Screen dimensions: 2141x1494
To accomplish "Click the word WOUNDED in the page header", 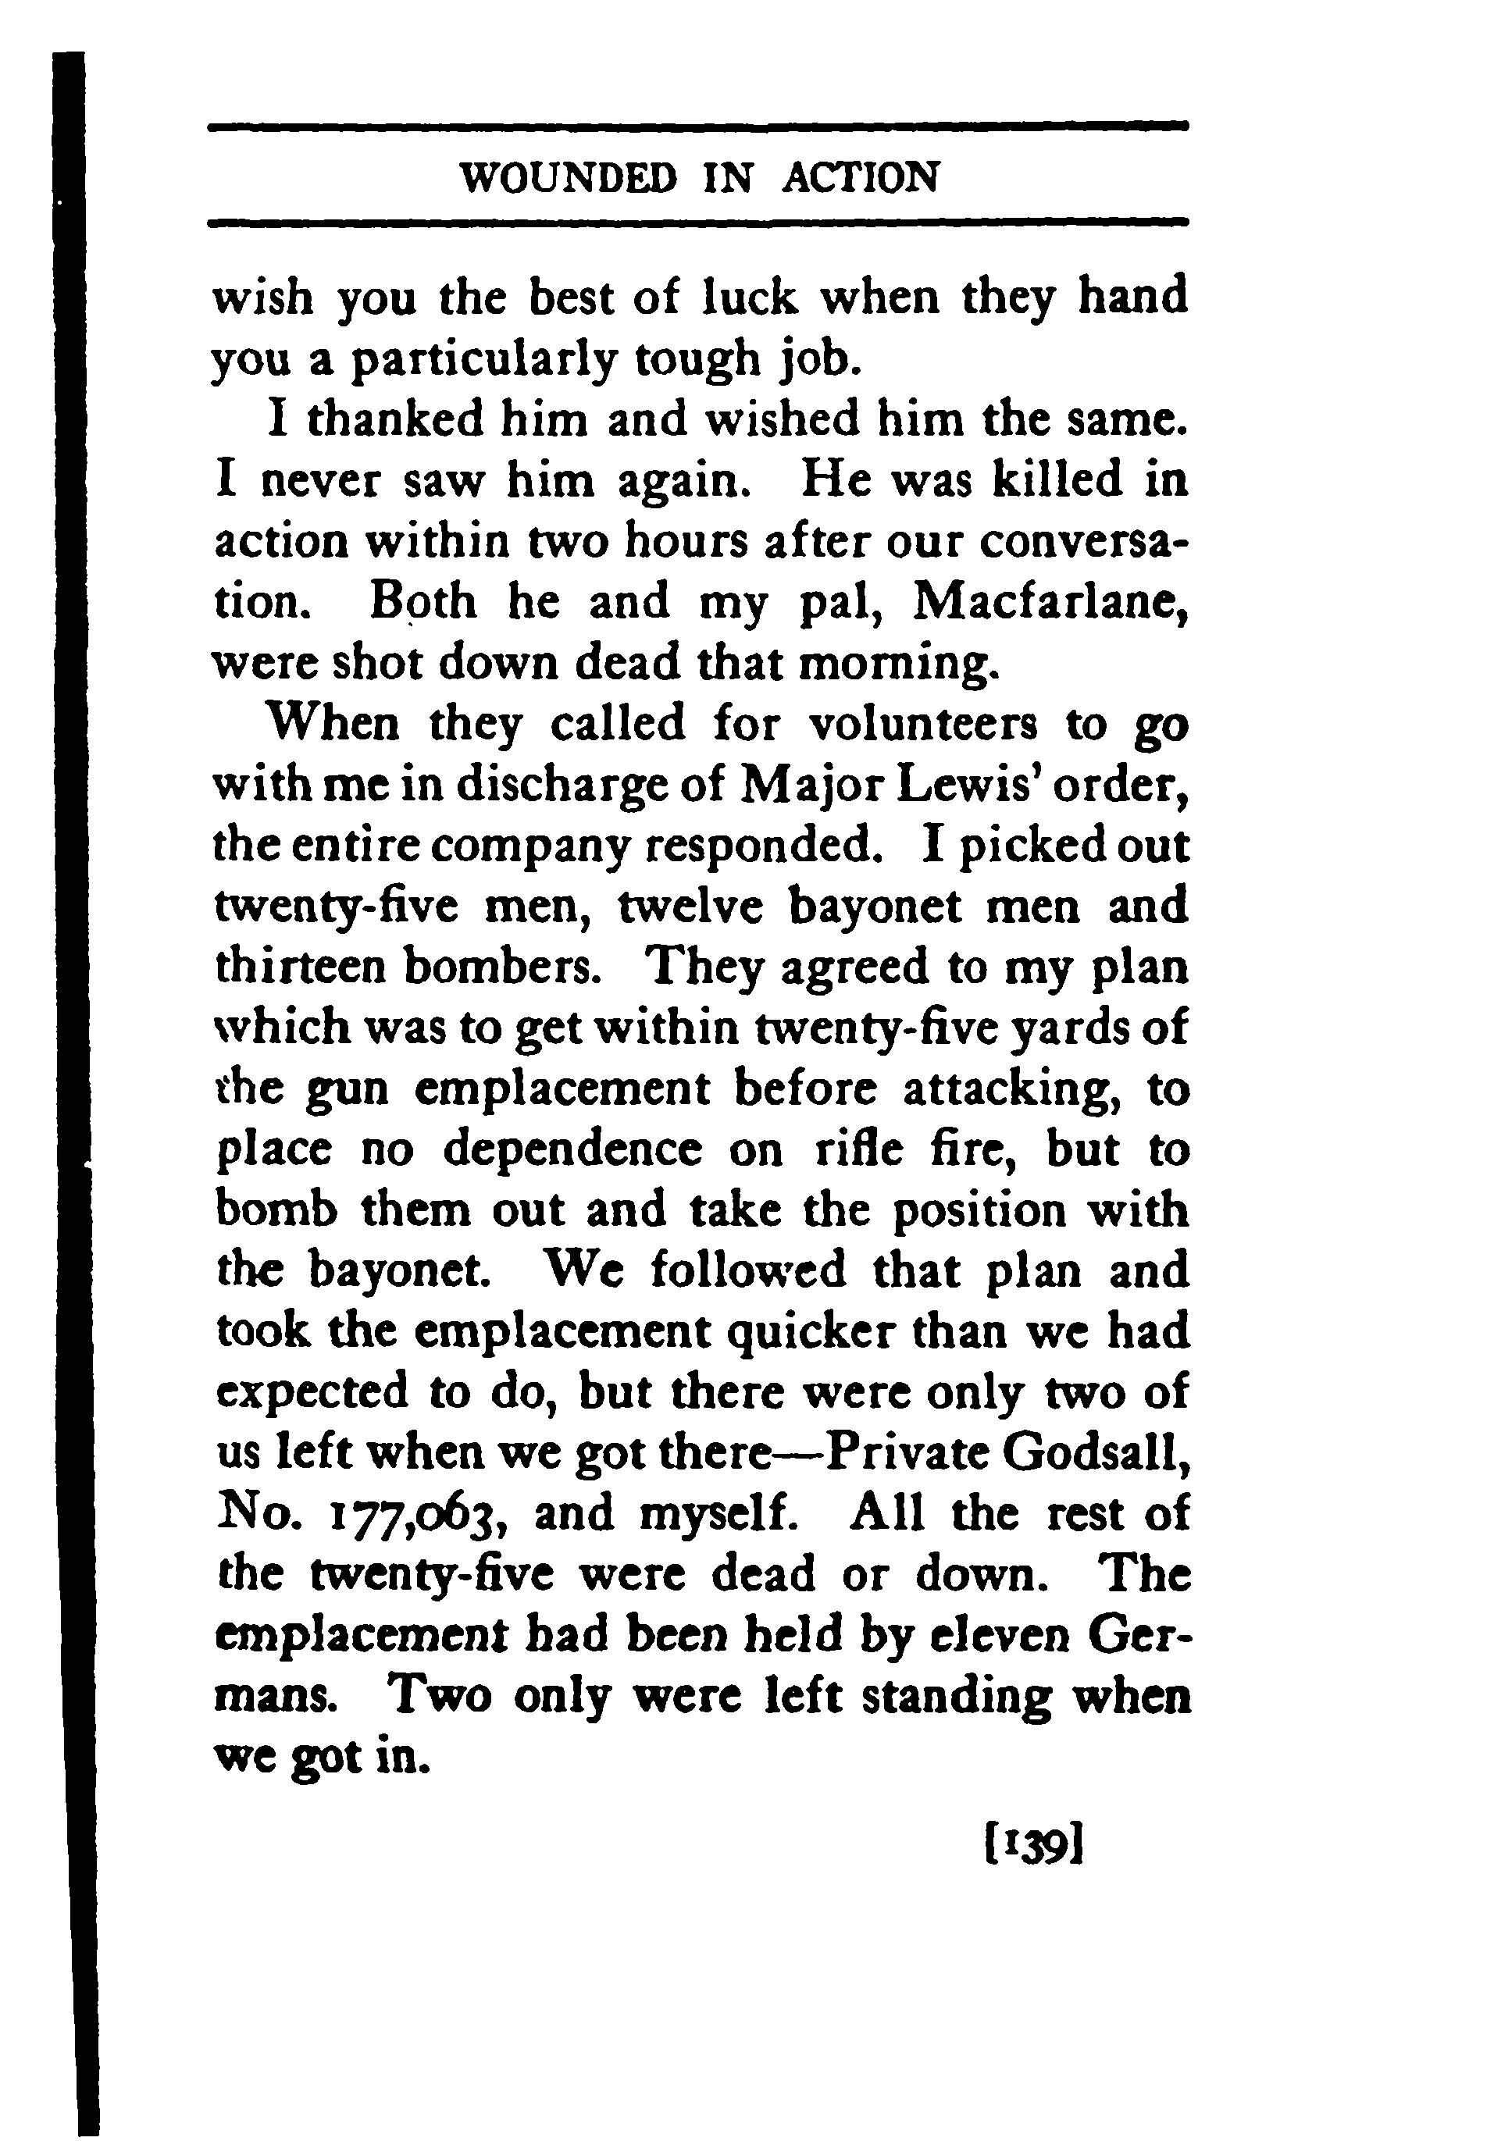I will pos(568,177).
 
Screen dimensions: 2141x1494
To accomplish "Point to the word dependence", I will pos(572,1150).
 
